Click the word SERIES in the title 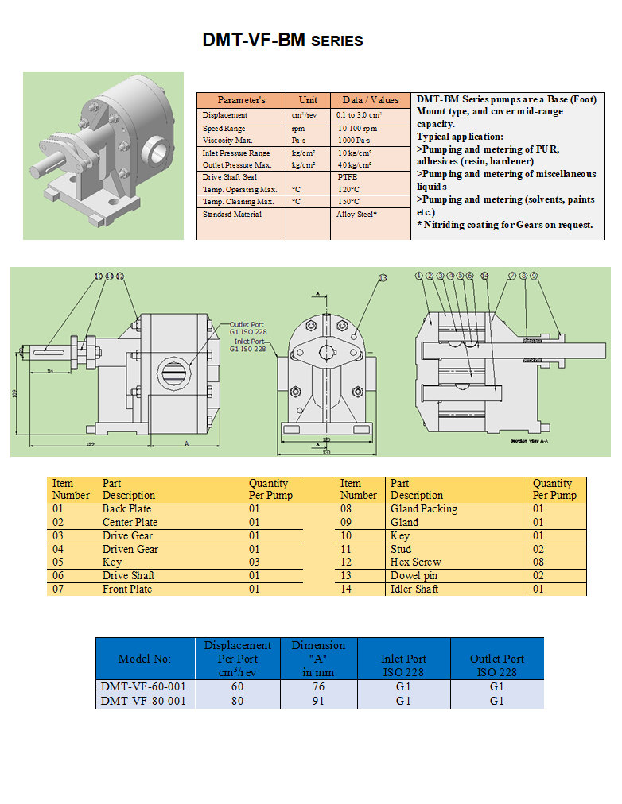336,41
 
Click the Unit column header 308,100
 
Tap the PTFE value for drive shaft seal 348,177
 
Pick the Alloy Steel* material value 356,215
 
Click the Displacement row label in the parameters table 225,115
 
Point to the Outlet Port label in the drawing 247,324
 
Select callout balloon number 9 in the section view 534,276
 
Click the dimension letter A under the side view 185,443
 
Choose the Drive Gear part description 127,535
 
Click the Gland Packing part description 423,508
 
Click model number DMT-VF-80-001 143,701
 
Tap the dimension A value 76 318,686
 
